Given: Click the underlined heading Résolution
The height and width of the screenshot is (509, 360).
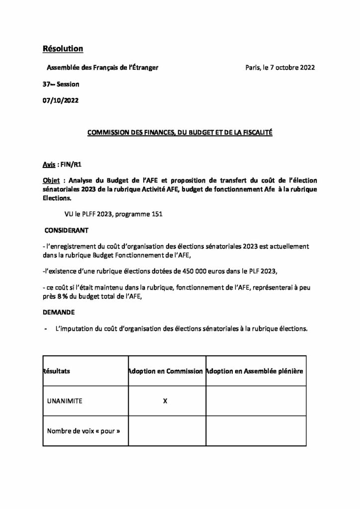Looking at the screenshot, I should [63, 49].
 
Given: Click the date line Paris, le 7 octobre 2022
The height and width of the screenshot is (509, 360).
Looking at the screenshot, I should [280, 67].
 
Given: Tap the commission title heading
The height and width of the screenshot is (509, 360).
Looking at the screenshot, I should [180, 133].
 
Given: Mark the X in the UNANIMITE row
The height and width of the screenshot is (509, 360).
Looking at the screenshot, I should [165, 401].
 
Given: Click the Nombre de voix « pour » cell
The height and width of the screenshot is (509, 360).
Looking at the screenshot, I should [84, 431].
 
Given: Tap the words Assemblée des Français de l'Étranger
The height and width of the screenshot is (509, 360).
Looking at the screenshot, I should [102, 67].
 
